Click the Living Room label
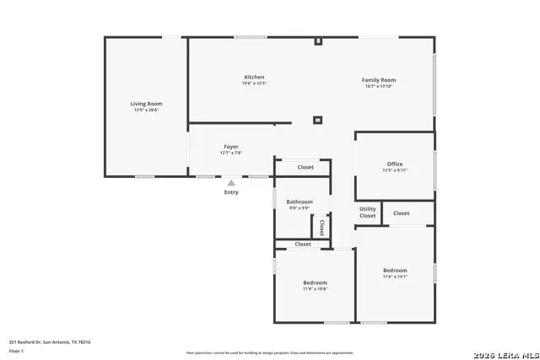pos(146,103)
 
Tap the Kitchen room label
pos(254,77)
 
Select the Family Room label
pos(379,80)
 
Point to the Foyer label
pos(231,147)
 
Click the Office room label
pos(395,164)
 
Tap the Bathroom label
pos(300,201)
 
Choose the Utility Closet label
pos(368,212)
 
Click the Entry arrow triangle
pos(231,181)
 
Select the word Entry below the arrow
pos(231,192)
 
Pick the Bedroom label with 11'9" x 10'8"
pos(316,282)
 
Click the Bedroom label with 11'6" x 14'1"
pos(395,270)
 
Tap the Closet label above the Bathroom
pos(305,167)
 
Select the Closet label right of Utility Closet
pos(402,212)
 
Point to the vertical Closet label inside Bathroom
pos(321,227)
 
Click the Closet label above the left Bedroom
pos(303,244)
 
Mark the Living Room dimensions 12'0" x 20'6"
pos(146,110)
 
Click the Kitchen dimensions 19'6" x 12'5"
pos(254,83)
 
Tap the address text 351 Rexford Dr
pos(50,341)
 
